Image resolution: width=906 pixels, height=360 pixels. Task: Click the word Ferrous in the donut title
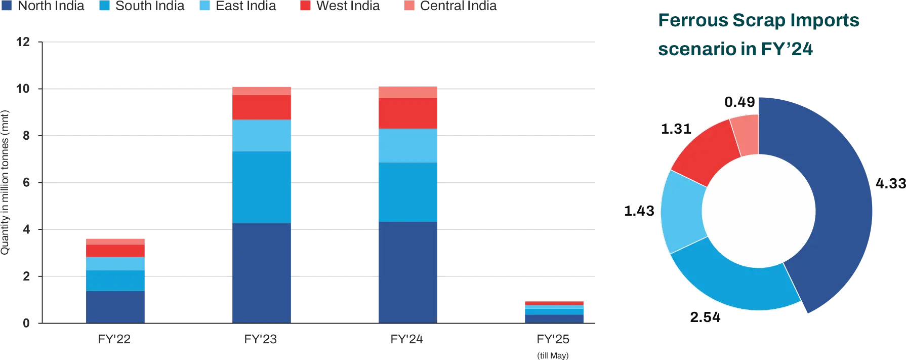tap(691, 21)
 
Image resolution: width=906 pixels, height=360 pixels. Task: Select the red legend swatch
tap(305, 6)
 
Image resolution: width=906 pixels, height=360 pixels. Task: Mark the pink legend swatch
tap(408, 6)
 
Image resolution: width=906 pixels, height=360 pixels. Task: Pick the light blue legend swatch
tap(204, 6)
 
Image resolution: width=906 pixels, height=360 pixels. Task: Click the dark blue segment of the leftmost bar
tap(115, 306)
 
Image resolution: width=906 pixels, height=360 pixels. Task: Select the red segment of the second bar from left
tap(261, 107)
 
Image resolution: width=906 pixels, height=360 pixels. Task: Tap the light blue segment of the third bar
tap(407, 145)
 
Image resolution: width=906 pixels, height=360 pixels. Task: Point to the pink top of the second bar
tap(261, 90)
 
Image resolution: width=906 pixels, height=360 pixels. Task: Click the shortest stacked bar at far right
tap(554, 311)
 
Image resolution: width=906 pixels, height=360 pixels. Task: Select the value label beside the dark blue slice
tap(890, 182)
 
